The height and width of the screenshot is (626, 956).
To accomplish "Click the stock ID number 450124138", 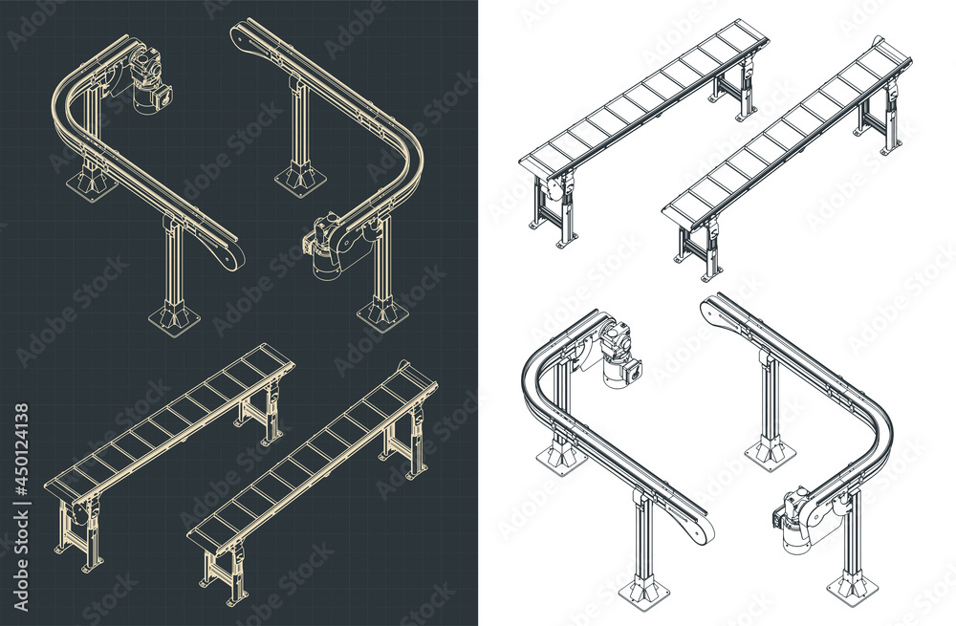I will click(x=22, y=450).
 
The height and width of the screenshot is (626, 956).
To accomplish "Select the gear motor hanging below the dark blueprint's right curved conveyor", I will click(x=325, y=250).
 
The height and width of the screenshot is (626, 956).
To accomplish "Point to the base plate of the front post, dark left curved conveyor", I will click(x=175, y=317).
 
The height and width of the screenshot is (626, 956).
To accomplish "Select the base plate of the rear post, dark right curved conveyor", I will click(x=300, y=177).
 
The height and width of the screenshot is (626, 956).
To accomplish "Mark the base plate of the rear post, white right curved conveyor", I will click(x=769, y=452).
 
